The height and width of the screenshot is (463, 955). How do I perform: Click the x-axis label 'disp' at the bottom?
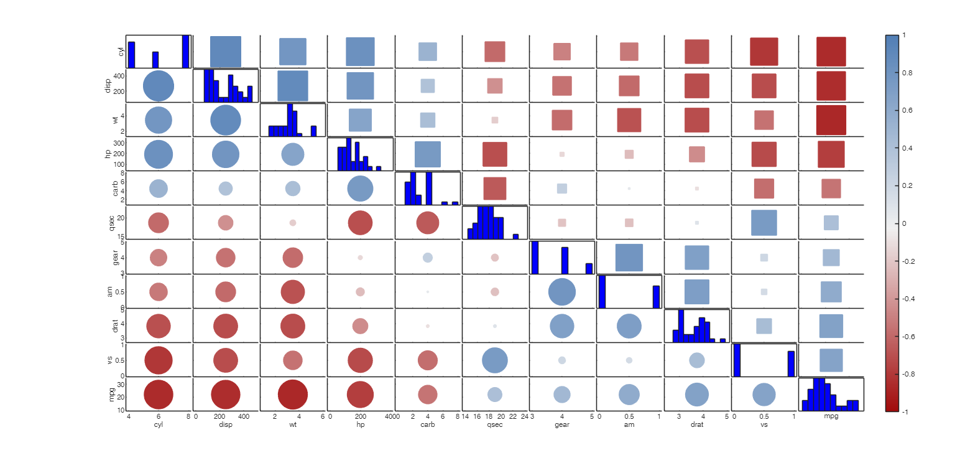[x=226, y=425]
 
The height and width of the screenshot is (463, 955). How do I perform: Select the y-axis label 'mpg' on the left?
[x=113, y=394]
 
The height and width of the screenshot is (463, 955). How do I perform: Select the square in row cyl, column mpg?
[x=831, y=52]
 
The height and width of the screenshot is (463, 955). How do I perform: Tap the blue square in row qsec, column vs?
[x=764, y=223]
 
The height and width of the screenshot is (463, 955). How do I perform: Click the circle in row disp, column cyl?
[x=159, y=86]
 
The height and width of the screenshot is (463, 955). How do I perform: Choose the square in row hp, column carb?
[x=427, y=154]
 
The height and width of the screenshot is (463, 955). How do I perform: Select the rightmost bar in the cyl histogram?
[x=185, y=52]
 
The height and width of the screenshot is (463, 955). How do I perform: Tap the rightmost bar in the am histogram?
[x=656, y=296]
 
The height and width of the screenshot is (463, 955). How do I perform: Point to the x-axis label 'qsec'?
[x=495, y=425]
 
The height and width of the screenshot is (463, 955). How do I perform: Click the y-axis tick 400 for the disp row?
[x=119, y=76]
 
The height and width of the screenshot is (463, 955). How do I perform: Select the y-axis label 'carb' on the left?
[x=116, y=189]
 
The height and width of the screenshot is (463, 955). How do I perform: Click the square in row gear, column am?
[x=629, y=258]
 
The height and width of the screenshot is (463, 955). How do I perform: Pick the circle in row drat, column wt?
[x=293, y=326]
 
